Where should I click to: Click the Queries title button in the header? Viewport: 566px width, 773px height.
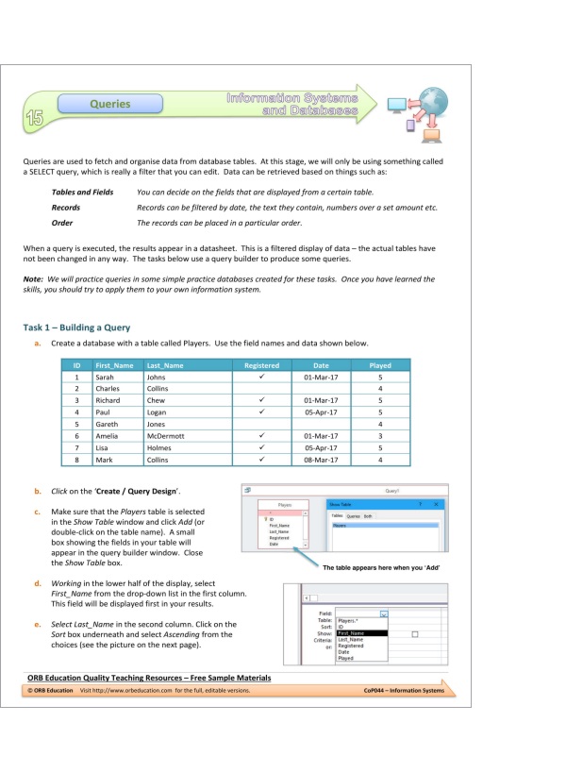[x=109, y=104]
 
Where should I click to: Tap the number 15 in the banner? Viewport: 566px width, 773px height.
[x=35, y=117]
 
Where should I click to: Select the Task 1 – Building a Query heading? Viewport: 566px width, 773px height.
[x=76, y=328]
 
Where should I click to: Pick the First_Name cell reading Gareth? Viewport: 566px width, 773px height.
[x=108, y=424]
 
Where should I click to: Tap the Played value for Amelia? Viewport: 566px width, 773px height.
[x=379, y=436]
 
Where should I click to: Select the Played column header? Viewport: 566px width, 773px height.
[x=379, y=365]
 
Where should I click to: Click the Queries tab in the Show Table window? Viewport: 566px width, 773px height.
[x=354, y=516]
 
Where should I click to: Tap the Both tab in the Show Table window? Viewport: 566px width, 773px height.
[x=369, y=516]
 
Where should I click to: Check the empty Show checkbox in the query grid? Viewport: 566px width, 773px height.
[x=414, y=633]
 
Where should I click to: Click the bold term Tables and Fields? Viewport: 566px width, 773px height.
[x=82, y=192]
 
